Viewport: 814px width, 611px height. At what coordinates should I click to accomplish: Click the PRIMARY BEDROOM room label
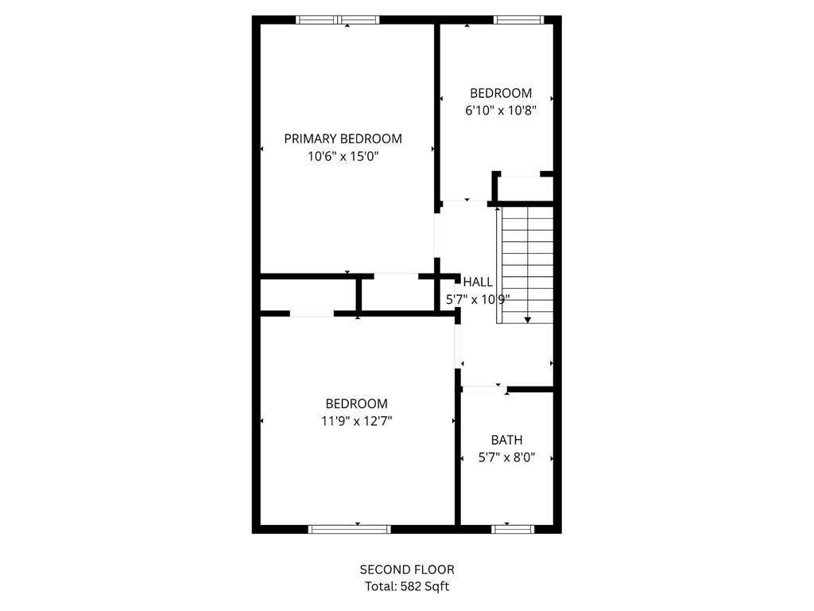[343, 138]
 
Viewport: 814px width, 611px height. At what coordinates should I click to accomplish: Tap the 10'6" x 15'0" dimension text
[343, 157]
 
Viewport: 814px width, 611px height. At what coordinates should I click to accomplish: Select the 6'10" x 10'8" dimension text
[501, 111]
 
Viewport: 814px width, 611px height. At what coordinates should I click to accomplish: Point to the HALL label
[478, 282]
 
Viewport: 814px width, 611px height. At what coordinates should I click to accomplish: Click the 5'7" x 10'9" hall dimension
[477, 300]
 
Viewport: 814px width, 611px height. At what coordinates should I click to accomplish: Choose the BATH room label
[506, 439]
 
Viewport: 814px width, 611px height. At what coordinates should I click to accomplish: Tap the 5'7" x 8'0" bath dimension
[506, 457]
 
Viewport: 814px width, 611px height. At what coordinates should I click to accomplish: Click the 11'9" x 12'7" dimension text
[356, 422]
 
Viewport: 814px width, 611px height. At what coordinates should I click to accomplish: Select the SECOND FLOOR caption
[407, 569]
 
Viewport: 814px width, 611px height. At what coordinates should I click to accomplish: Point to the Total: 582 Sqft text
[407, 586]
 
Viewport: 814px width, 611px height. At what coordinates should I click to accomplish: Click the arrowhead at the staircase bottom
[528, 320]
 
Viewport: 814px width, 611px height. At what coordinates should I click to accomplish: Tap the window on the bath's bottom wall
[513, 528]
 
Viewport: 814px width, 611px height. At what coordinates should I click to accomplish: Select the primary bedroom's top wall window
[338, 20]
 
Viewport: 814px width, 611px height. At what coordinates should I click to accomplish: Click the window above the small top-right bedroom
[517, 20]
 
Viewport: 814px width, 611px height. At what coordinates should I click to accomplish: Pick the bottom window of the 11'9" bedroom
[349, 528]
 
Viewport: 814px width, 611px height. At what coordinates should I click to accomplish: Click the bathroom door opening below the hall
[483, 389]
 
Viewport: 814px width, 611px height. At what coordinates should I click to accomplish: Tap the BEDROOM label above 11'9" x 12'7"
[356, 403]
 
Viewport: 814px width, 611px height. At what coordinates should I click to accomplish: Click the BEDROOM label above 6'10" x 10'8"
[501, 93]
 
